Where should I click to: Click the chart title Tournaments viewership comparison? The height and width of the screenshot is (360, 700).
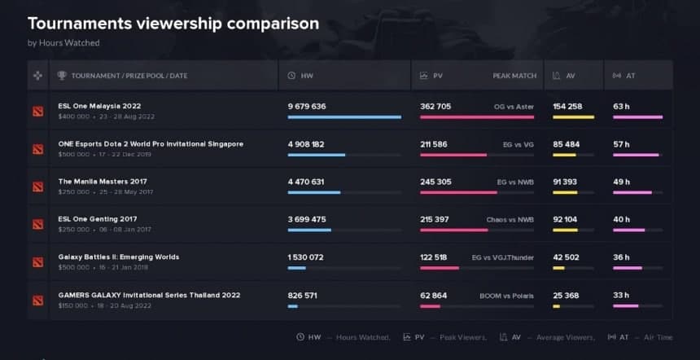(173, 23)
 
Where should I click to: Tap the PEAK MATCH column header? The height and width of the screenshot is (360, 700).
(514, 76)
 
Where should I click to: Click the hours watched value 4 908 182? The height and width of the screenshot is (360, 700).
(306, 144)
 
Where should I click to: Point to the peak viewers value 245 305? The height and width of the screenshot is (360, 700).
(435, 182)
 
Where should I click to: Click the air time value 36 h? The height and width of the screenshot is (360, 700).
(622, 257)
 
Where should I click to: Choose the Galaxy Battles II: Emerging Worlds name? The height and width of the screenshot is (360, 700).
(119, 257)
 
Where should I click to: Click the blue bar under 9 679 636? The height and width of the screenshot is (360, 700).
(344, 117)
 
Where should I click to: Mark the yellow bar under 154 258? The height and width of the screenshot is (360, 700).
(573, 117)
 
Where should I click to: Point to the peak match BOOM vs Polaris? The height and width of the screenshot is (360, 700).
(507, 295)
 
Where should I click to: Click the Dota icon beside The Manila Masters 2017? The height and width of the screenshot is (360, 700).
(38, 187)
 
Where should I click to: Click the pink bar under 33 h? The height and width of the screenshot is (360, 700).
(625, 306)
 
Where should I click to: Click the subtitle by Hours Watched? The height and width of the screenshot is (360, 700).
(63, 42)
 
